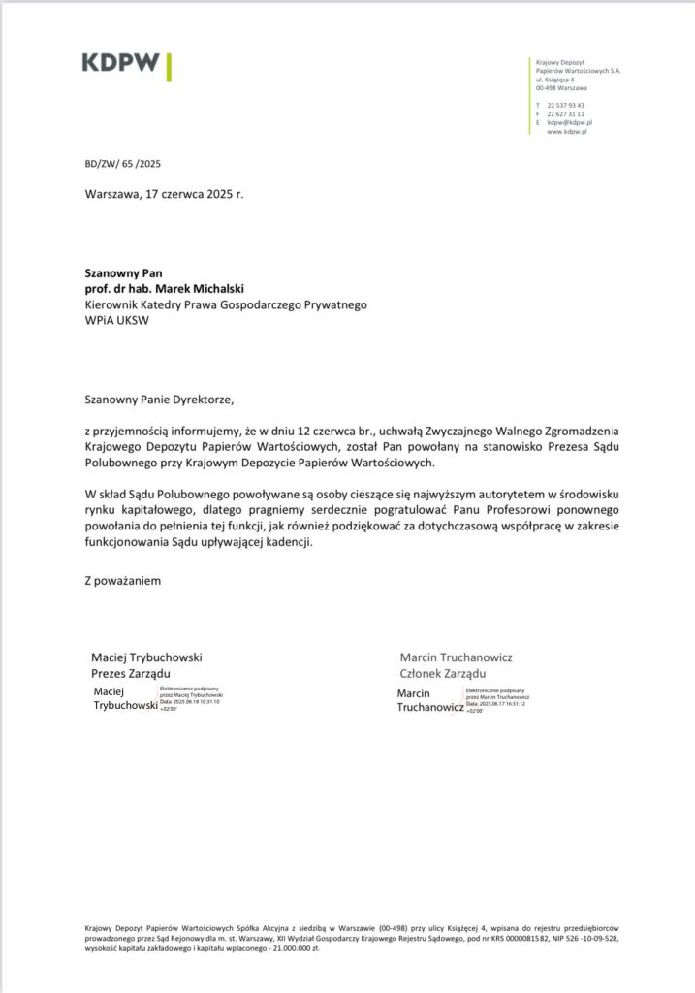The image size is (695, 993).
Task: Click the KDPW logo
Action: [x=126, y=65]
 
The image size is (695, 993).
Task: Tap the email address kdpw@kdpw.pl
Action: [x=569, y=122]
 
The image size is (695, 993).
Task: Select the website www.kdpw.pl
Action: [x=569, y=131]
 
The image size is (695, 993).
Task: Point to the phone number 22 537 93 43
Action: [x=565, y=105]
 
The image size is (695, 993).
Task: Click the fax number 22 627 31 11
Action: [x=565, y=113]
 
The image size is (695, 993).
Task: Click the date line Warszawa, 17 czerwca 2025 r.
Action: [x=165, y=194]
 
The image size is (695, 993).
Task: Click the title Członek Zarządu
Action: [x=442, y=674]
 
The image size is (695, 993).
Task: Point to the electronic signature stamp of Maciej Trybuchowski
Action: [x=155, y=698]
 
